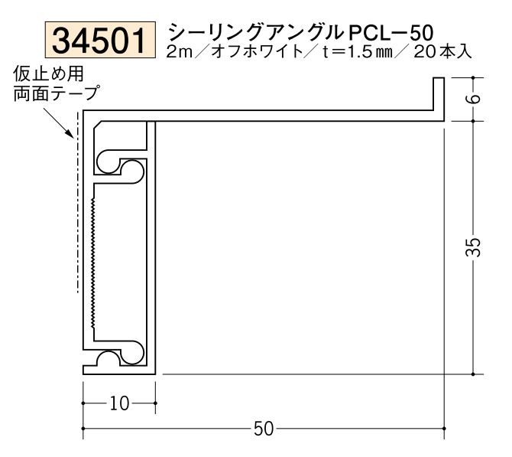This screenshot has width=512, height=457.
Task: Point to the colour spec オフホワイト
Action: coord(254,53)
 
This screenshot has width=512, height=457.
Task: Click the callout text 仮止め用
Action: coord(48,74)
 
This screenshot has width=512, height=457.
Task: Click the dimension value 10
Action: coord(118,403)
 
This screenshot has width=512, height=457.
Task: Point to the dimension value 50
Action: coord(263,429)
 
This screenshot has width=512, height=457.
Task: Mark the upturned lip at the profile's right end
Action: coord(439,96)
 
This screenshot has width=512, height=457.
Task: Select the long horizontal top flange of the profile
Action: coord(290,115)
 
